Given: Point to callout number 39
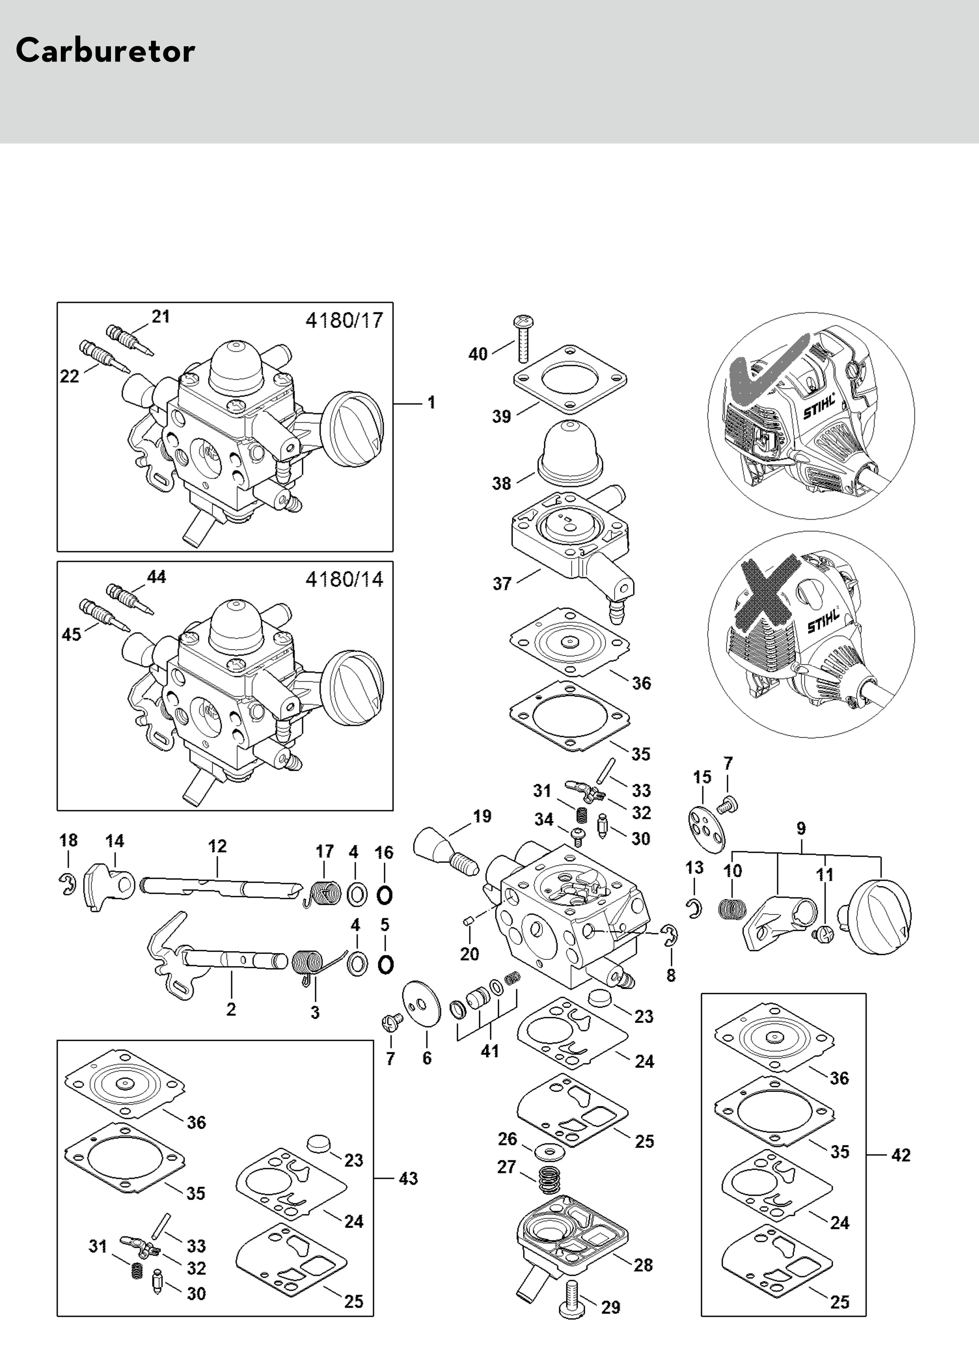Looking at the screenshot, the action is pyautogui.click(x=502, y=417).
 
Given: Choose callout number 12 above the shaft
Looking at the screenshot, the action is pyautogui.click(x=217, y=846).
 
